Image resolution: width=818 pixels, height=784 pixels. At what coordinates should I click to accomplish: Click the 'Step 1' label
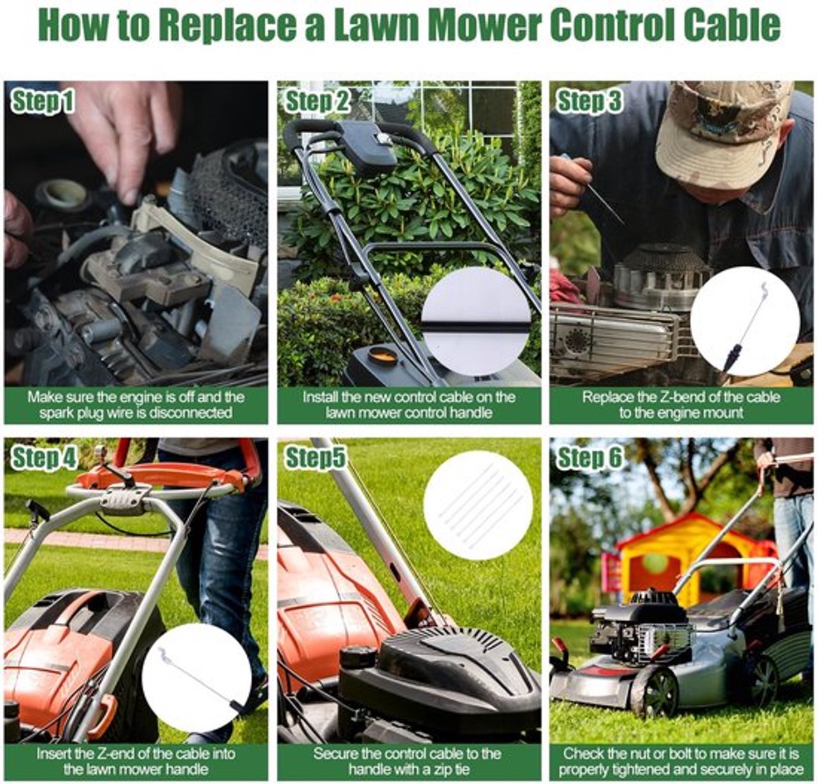(42, 102)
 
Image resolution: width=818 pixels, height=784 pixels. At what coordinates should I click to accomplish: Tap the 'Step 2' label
(317, 102)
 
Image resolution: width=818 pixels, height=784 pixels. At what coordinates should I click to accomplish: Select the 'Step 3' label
(589, 102)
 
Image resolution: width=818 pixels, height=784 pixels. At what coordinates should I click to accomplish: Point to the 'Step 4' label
(44, 458)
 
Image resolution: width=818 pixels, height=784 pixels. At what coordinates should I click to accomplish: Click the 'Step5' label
(315, 458)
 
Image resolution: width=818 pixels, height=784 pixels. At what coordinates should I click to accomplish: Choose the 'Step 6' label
(590, 458)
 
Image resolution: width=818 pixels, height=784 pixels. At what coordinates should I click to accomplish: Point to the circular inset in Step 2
(476, 322)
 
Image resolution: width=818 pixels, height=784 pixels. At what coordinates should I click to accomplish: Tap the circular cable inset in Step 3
(744, 322)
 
